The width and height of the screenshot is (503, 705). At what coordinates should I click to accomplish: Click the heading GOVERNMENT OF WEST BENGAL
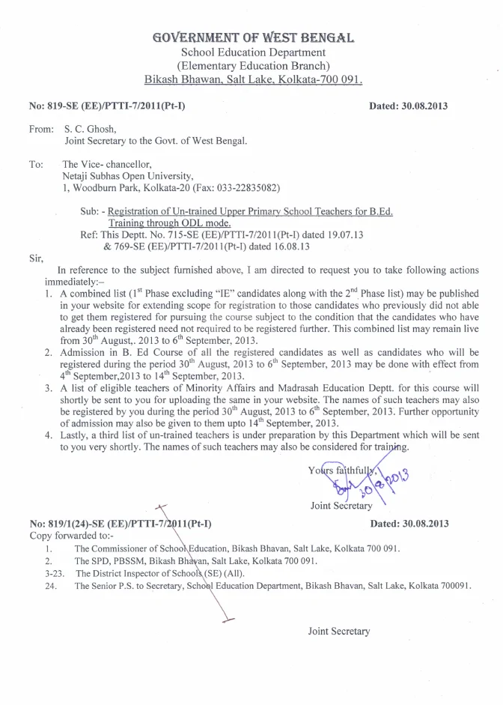(x=253, y=37)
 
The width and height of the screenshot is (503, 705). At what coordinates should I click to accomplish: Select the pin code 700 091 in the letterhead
(x=341, y=79)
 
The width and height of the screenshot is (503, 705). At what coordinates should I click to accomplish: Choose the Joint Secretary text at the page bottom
(x=339, y=631)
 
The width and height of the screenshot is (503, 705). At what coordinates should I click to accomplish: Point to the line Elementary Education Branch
(x=253, y=66)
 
